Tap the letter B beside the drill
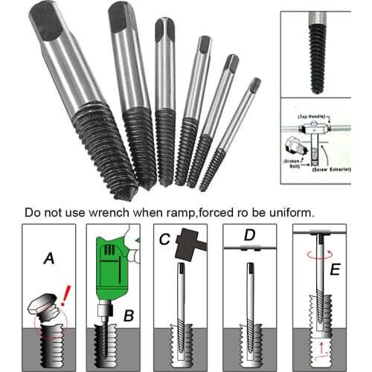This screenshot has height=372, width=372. point(129,315)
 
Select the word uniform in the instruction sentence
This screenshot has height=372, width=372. point(291,211)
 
